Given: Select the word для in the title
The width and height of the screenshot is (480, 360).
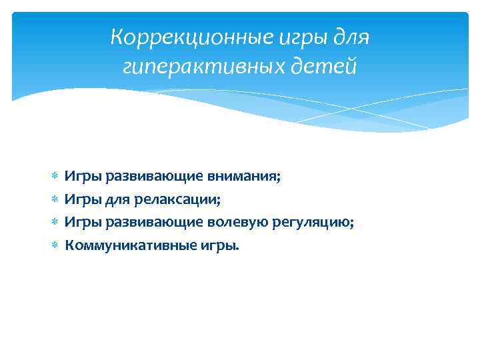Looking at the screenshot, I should click(350, 37).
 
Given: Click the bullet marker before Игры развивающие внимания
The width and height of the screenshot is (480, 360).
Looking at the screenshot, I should click(55, 176).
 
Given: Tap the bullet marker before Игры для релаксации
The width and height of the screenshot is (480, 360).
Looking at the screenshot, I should click(55, 199).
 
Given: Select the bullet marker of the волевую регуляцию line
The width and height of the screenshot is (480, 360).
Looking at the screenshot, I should click(55, 221).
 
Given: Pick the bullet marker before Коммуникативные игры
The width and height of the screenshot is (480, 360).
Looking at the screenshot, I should click(55, 245).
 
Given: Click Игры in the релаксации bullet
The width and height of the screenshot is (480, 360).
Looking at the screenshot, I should click(79, 199).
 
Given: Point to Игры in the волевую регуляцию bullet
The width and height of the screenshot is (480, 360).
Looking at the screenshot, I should click(79, 221).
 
